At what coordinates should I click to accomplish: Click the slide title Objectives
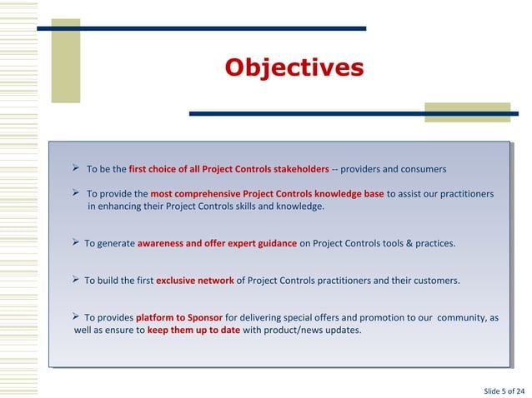point(294,67)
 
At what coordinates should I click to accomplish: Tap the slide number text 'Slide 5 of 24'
point(504,391)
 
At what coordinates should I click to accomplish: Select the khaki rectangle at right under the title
point(467,112)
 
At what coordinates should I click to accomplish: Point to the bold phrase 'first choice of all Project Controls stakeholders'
point(228,170)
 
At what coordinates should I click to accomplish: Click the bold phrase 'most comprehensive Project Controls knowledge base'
point(267,194)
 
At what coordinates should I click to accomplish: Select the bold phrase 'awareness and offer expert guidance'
point(217,244)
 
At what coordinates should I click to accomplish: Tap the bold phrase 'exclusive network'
point(195,281)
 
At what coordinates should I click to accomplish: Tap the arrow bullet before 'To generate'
point(75,243)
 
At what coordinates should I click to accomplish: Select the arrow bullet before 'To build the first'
point(75,280)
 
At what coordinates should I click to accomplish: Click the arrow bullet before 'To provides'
point(75,316)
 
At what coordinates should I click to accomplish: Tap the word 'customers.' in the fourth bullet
point(434,281)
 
